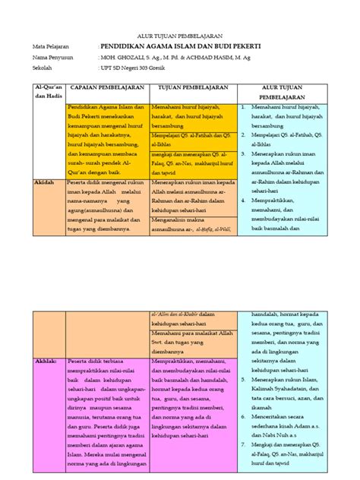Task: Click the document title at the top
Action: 179,35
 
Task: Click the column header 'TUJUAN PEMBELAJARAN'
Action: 192,88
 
